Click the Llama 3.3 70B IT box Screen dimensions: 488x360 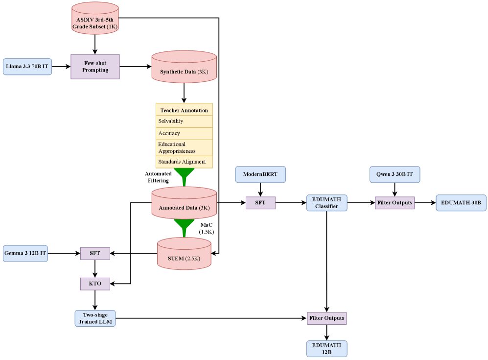pyautogui.click(x=27, y=67)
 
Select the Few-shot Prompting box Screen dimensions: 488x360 pyautogui.click(x=95, y=67)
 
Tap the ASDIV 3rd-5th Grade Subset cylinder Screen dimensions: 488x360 pyautogui.click(x=95, y=18)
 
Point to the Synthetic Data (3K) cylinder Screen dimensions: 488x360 pyautogui.click(x=184, y=67)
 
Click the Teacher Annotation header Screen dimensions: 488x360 pyautogui.click(x=184, y=110)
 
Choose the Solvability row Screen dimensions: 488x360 pyautogui.click(x=184, y=121)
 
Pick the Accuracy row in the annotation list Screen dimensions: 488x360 pyautogui.click(x=184, y=134)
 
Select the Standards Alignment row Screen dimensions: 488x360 pyautogui.click(x=184, y=162)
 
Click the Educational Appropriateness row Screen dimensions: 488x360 pyautogui.click(x=184, y=148)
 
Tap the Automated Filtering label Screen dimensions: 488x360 pyautogui.click(x=158, y=177)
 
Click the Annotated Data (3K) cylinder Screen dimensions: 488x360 pyautogui.click(x=184, y=203)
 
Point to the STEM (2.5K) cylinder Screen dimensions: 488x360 pyautogui.click(x=184, y=254)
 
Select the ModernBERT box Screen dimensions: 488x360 pyautogui.click(x=260, y=174)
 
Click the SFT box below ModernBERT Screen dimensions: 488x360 pyautogui.click(x=260, y=203)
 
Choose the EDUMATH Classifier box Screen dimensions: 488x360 pyautogui.click(x=327, y=203)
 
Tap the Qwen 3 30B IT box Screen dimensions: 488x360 pyautogui.click(x=395, y=174)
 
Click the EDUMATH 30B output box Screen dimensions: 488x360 pyautogui.click(x=461, y=203)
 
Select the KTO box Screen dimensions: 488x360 pyautogui.click(x=95, y=284)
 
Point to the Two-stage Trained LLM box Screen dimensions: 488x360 pyautogui.click(x=95, y=318)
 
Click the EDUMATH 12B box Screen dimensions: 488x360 pyautogui.click(x=327, y=349)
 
